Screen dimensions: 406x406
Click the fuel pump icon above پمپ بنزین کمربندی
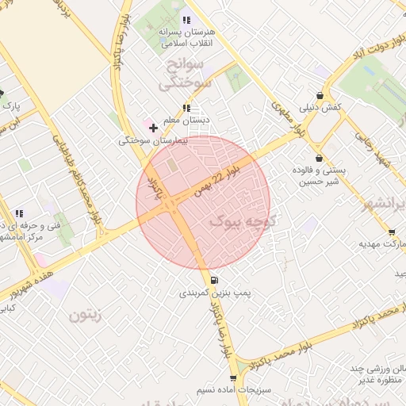point(214,281)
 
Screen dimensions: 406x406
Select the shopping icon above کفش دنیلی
point(320,94)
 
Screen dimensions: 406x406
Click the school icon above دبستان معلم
point(186,108)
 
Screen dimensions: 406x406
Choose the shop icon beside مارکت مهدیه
point(392,232)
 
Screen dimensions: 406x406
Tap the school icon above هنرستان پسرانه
point(186,20)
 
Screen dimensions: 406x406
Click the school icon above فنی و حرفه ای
point(18,214)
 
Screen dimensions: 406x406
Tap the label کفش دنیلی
point(320,106)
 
